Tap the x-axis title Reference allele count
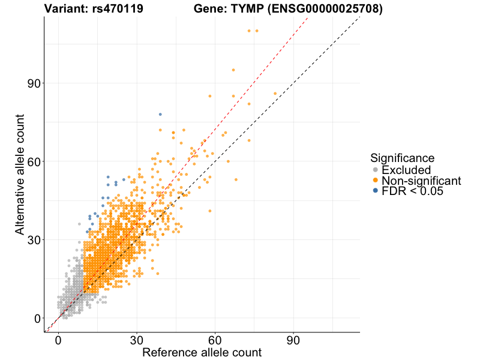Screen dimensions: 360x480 point(202,352)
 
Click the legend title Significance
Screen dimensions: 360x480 point(402,158)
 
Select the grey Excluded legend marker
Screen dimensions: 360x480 point(376,170)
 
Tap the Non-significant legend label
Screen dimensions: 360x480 point(421,181)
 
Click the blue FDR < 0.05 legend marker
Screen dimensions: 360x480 point(376,191)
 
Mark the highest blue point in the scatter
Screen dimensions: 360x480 point(160,114)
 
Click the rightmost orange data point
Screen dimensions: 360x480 point(275,94)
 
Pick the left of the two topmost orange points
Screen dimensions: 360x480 point(249,31)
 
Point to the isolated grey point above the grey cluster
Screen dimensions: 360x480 point(79,224)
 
